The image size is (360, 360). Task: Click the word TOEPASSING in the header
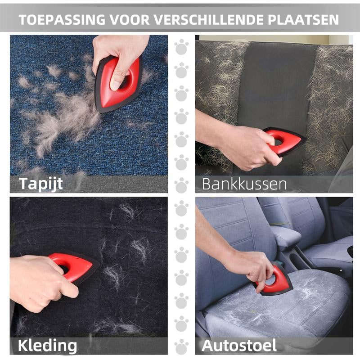(x=62, y=20)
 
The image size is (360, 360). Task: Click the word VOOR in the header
(x=130, y=20)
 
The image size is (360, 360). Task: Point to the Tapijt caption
(x=41, y=184)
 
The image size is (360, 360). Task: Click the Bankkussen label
(x=244, y=184)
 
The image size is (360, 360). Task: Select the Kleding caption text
(x=47, y=346)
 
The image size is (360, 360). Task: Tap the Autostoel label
(x=239, y=346)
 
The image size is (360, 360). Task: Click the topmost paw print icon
(x=181, y=47)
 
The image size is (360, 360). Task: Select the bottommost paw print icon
(x=181, y=346)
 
